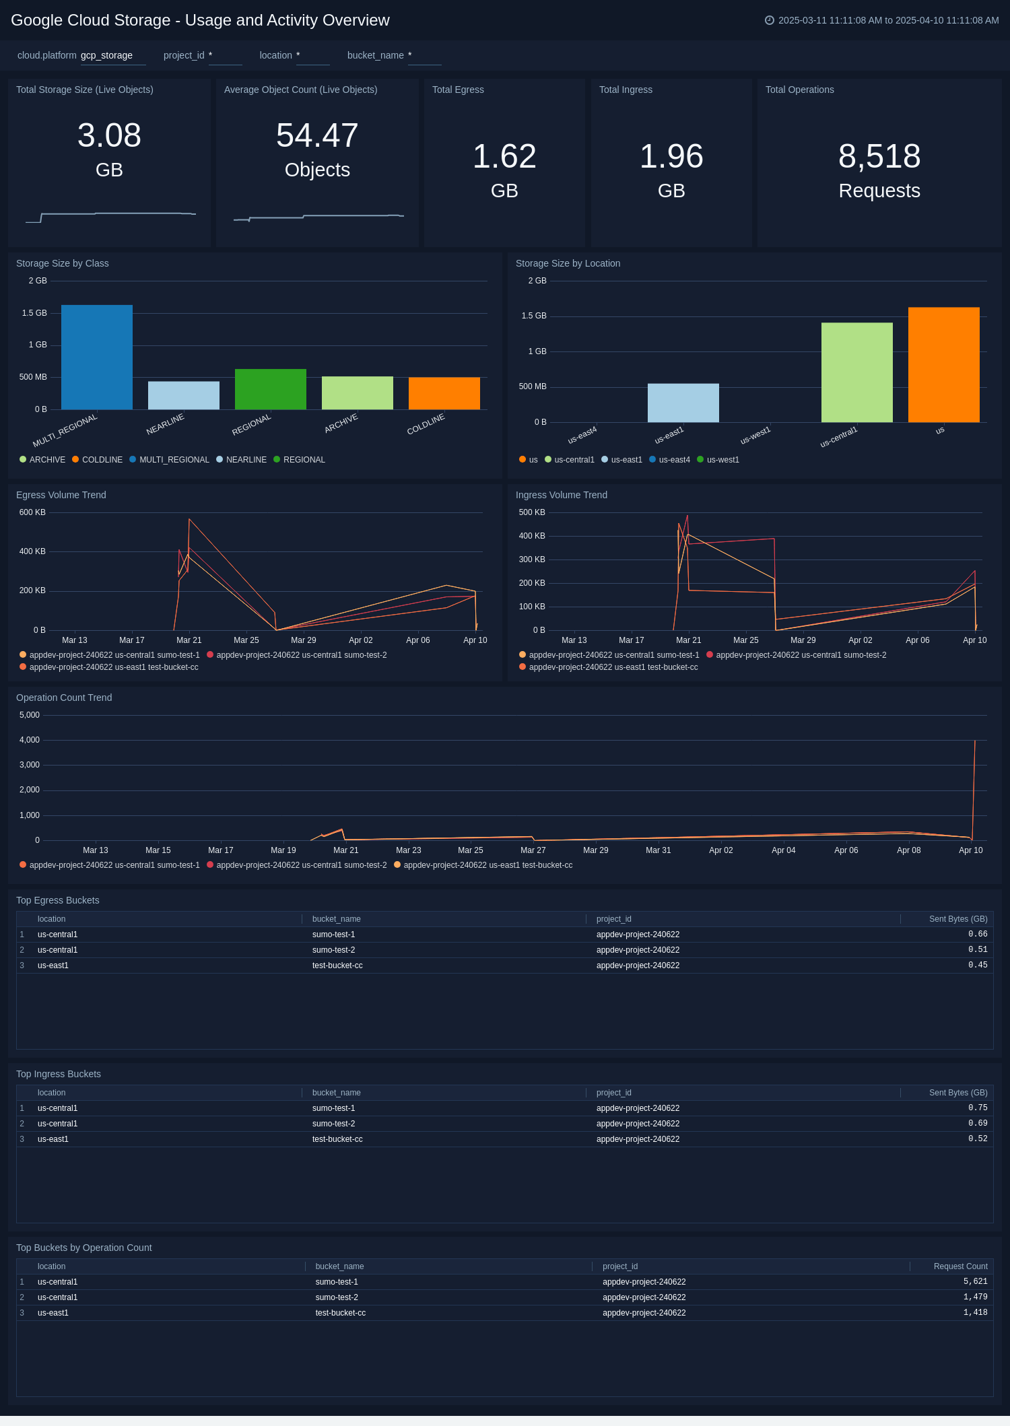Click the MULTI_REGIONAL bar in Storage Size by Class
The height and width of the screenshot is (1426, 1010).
point(97,357)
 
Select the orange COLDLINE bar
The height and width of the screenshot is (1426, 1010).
point(444,393)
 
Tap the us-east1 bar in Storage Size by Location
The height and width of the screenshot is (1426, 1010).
point(683,403)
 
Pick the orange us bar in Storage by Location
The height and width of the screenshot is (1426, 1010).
point(943,365)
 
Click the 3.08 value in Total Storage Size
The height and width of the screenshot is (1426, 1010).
point(109,135)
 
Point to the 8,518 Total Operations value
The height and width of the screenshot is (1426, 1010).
point(879,156)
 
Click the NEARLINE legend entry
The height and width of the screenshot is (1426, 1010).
point(246,460)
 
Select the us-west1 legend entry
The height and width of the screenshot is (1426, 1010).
point(722,460)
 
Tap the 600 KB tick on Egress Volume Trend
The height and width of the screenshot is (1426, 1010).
point(32,512)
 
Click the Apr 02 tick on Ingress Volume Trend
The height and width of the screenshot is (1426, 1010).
point(860,640)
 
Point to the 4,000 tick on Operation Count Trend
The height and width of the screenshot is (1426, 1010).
point(30,740)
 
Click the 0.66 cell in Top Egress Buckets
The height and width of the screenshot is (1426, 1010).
point(978,934)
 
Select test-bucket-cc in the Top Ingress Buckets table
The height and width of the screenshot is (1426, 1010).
point(337,1139)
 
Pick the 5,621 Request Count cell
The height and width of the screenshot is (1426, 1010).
point(975,1282)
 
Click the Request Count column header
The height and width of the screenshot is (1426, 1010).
point(960,1266)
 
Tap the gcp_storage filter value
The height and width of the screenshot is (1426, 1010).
point(106,55)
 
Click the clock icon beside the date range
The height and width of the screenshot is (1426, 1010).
point(769,20)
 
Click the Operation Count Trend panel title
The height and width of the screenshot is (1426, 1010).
point(64,698)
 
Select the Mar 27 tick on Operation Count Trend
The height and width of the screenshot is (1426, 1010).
point(533,850)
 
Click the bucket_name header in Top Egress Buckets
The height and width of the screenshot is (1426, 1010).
point(336,919)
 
